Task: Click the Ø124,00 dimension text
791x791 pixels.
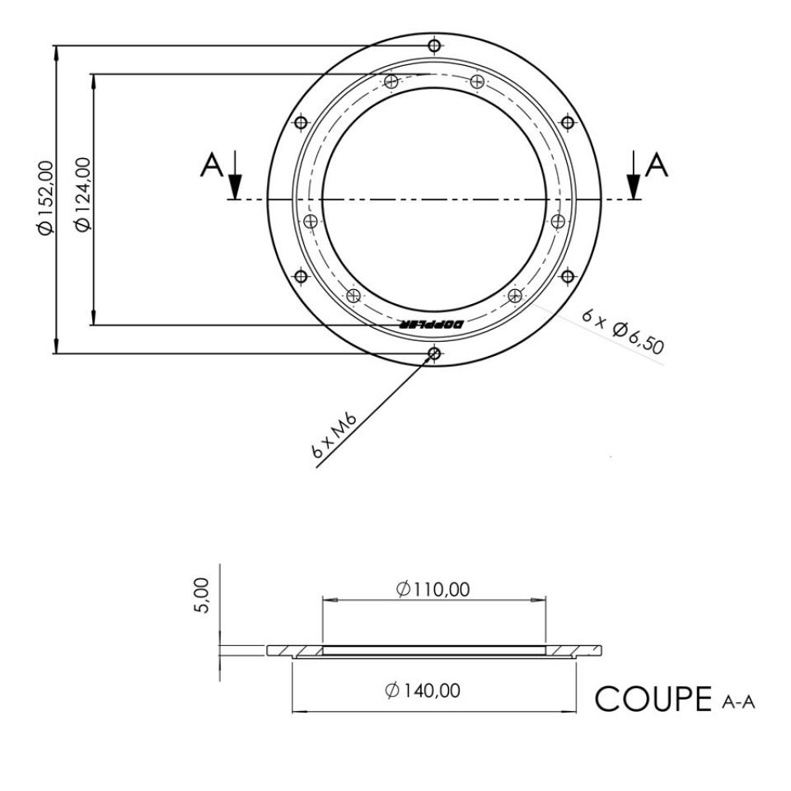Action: coord(81,198)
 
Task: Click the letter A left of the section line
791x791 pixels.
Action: coord(212,166)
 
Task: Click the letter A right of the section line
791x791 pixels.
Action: coord(657,166)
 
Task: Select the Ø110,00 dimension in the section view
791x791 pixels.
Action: coord(433,589)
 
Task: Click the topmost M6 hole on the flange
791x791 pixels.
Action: coord(433,45)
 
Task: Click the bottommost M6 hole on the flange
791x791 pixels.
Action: coord(433,353)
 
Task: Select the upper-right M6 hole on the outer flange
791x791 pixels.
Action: coord(567,122)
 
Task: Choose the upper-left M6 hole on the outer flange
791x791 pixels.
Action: coord(301,122)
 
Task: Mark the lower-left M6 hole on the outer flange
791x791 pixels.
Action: coord(301,276)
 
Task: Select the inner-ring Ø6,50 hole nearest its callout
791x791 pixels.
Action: coord(514,295)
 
